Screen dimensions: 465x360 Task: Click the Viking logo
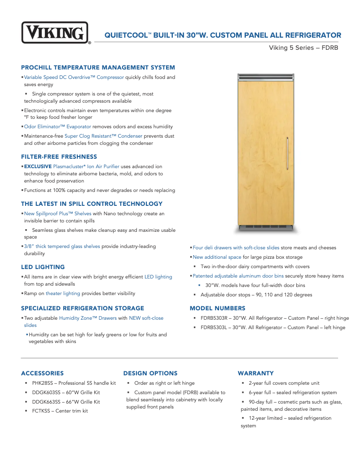55,33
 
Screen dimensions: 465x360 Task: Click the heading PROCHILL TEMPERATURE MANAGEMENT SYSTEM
98,68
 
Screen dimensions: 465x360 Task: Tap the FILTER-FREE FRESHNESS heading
59,156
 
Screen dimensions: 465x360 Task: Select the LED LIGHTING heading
43,267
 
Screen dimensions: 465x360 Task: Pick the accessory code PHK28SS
43,383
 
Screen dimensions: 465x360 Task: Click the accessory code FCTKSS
41,411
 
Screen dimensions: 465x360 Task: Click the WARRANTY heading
255,373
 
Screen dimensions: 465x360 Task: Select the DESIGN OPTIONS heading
150,373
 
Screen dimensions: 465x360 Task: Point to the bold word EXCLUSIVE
38,166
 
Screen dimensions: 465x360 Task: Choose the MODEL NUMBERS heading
217,308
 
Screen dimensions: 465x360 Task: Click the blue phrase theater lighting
63,294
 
